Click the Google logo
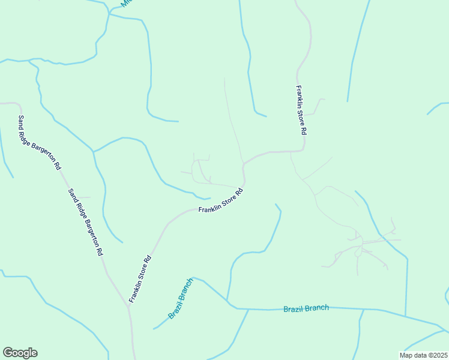pyautogui.click(x=20, y=353)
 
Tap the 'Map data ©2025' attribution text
pyautogui.click(x=423, y=355)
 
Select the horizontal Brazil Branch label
pyautogui.click(x=306, y=308)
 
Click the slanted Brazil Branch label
pyautogui.click(x=181, y=298)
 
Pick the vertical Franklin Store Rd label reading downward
pyautogui.click(x=301, y=110)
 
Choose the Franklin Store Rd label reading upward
pyautogui.click(x=139, y=279)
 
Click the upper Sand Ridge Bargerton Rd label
pyautogui.click(x=40, y=142)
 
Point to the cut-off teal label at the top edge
pyautogui.click(x=125, y=3)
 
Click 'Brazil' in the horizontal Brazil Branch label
pyautogui.click(x=294, y=309)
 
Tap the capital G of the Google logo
pyautogui.click(x=8, y=352)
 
